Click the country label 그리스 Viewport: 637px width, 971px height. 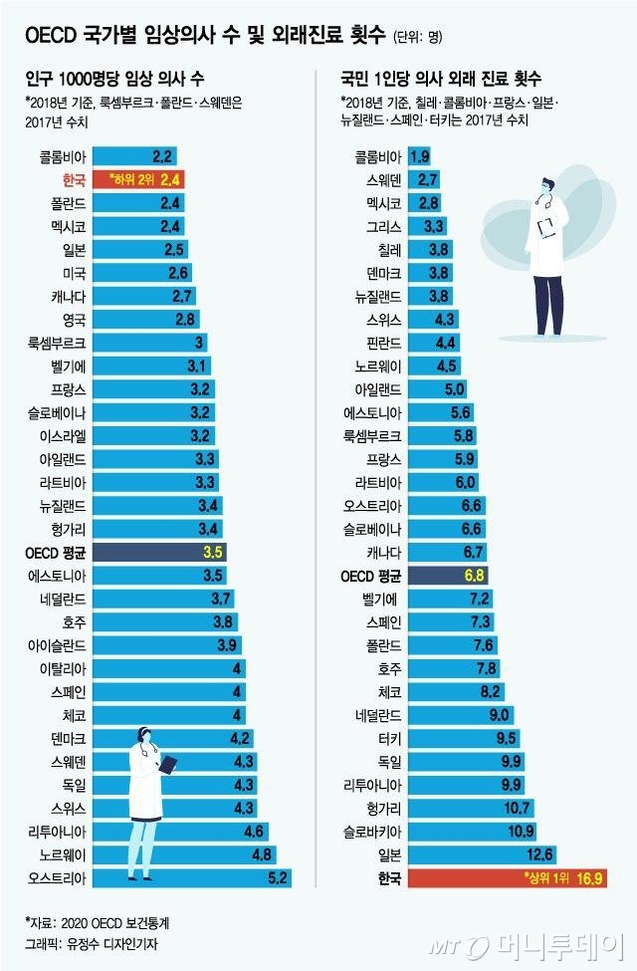click(x=385, y=225)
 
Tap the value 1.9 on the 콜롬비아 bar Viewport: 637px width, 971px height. click(x=419, y=155)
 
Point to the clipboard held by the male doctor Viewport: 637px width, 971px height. click(x=547, y=228)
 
